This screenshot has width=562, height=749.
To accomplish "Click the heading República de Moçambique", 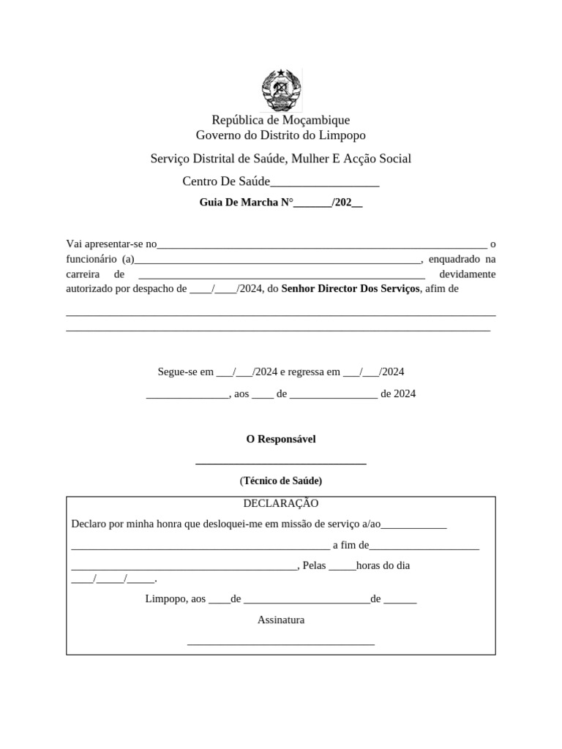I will [281, 120].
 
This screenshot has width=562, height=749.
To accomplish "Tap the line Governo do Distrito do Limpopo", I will [281, 135].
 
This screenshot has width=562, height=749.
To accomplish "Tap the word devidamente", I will [467, 274].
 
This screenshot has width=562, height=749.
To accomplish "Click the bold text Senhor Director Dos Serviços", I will [351, 289].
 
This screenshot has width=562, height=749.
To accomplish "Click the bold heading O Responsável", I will [281, 439].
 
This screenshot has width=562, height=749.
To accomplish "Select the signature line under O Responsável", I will [281, 463].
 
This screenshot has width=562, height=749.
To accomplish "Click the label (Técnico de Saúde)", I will [281, 481].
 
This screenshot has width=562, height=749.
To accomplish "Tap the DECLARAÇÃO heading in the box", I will [281, 504].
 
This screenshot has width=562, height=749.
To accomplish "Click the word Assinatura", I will [281, 620].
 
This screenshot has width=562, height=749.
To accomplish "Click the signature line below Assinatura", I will [281, 644].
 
